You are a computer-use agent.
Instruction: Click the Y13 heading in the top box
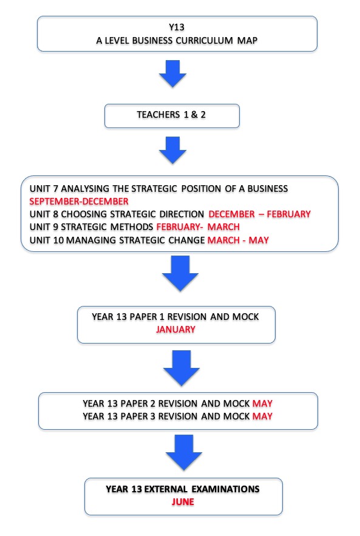[177, 27]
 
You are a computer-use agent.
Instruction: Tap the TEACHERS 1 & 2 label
[171, 115]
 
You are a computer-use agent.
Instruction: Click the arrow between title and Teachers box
[172, 73]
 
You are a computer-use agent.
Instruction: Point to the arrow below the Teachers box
[172, 150]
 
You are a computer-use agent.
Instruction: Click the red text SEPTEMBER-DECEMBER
[79, 202]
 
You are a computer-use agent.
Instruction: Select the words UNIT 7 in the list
[44, 189]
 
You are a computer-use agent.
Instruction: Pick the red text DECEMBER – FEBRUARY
[260, 214]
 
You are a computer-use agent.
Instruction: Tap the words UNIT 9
[44, 227]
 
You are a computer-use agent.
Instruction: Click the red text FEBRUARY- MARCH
[198, 227]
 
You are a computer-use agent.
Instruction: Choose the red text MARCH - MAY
[239, 240]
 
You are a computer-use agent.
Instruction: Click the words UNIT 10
[47, 240]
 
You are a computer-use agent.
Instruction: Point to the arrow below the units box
[180, 274]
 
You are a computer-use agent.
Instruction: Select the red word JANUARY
[175, 330]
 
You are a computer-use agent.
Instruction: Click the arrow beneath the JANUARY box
[182, 368]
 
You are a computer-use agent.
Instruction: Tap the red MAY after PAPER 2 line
[263, 404]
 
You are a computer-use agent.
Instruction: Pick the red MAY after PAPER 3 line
[263, 416]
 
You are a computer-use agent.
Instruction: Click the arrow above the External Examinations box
[184, 453]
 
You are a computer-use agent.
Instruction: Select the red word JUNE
[183, 502]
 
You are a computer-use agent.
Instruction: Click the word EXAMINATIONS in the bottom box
[226, 489]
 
